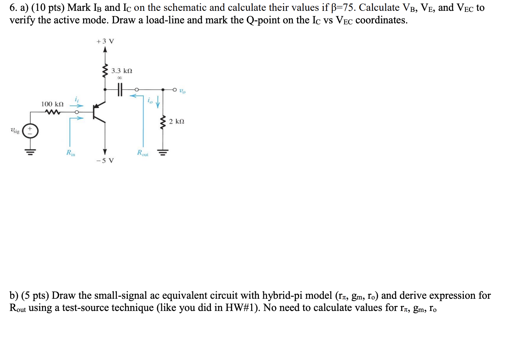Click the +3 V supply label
[x=105, y=41]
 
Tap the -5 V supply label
[x=105, y=160]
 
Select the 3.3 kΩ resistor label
[x=122, y=71]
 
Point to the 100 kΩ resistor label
[x=52, y=104]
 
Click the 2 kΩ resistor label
[x=176, y=121]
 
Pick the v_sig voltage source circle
[x=30, y=131]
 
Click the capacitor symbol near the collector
[x=119, y=90]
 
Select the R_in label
[x=71, y=153]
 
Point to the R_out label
[x=142, y=153]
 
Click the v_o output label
[x=182, y=91]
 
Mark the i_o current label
[x=150, y=100]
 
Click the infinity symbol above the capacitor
[x=119, y=78]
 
